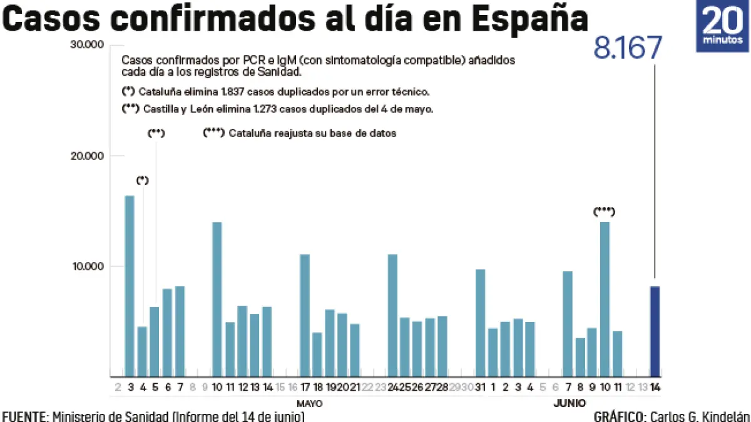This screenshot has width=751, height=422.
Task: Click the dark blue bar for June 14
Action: (x=655, y=331)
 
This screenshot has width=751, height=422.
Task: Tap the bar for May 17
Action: (x=305, y=315)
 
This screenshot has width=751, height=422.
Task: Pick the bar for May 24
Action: (x=392, y=315)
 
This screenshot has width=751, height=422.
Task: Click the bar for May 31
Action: (x=480, y=323)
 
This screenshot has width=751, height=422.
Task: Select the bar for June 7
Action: (x=568, y=324)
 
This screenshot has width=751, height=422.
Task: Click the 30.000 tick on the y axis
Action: (x=88, y=45)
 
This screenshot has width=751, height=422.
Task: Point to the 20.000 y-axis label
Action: (x=88, y=156)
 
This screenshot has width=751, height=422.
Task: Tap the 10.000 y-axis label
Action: (x=88, y=266)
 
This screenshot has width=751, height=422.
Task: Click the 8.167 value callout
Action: (x=627, y=49)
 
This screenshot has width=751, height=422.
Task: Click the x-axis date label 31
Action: (x=480, y=387)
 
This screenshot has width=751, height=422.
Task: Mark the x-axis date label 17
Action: (x=305, y=387)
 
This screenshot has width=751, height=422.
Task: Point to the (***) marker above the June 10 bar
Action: (x=604, y=212)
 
